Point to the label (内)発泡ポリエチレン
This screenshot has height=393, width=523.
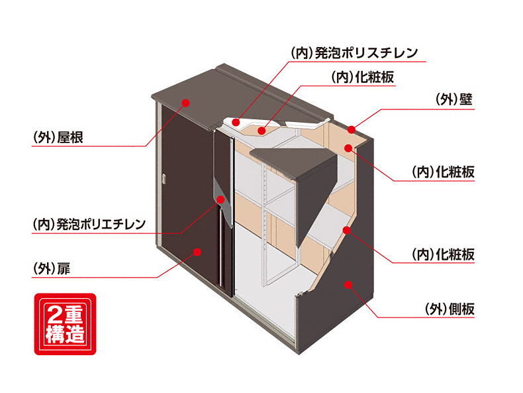pos(89,224)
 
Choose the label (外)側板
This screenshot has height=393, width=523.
pos(450,309)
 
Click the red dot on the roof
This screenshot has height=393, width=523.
pos(186,103)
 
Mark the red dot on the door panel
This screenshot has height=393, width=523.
pos(196,251)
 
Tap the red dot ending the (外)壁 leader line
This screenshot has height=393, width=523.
pos(352,128)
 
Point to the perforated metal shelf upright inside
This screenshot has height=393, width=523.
pos(266,219)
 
